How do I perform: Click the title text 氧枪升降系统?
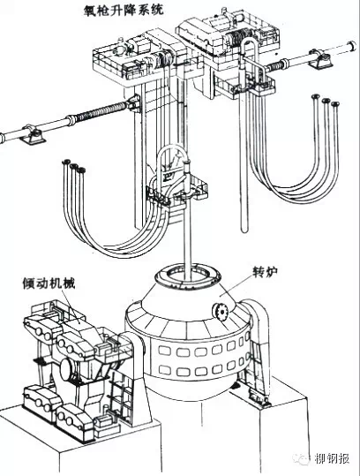(124, 10)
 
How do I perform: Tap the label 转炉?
(265, 272)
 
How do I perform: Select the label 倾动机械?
(49, 283)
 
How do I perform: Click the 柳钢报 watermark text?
(332, 458)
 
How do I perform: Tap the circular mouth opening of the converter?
(187, 277)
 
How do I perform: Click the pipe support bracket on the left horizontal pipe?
(32, 135)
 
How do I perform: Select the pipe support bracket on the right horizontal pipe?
(321, 60)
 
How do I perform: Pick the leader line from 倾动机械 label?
(71, 305)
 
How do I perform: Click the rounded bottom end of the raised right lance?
(244, 230)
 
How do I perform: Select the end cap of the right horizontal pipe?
(352, 45)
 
